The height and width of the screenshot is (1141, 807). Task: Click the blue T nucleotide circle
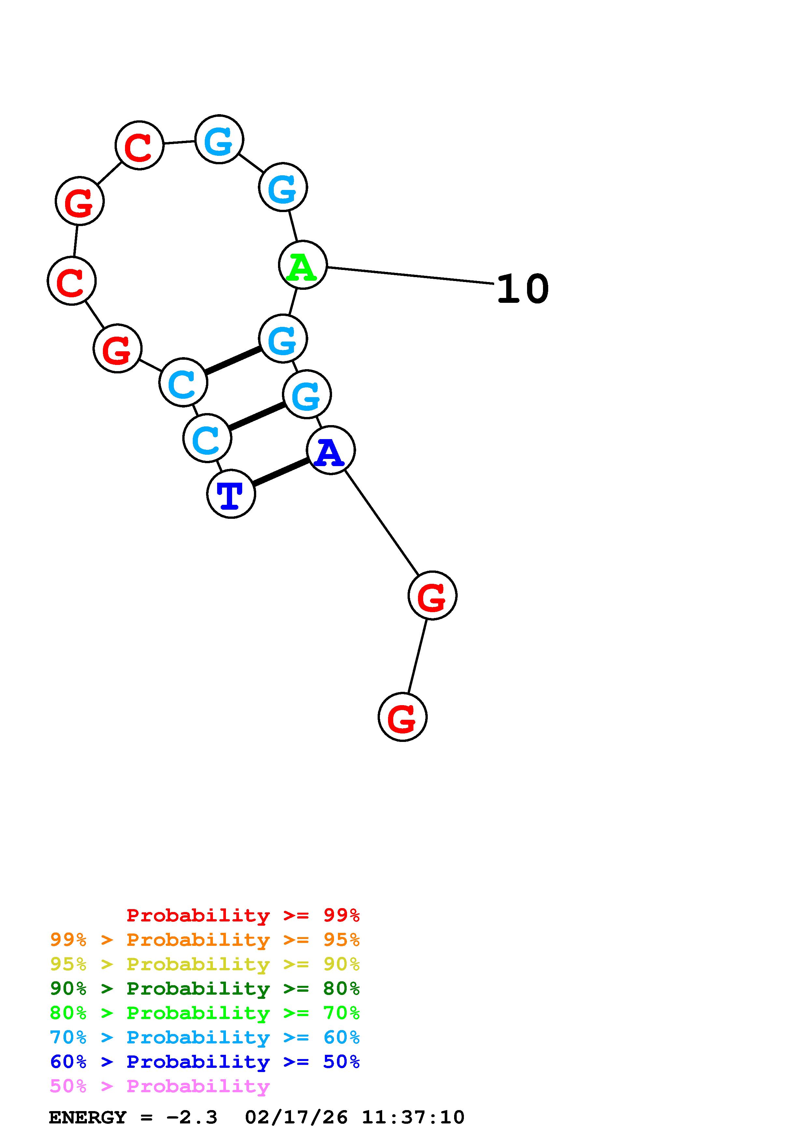231,494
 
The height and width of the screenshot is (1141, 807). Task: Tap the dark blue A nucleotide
331,450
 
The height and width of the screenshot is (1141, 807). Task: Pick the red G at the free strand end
402,717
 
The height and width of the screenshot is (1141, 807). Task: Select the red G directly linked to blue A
432,595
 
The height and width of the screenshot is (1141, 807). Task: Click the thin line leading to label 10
410,276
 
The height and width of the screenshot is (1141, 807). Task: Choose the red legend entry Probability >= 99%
243,915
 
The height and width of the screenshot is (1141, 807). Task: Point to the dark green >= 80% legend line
205,988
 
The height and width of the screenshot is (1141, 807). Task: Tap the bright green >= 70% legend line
205,1013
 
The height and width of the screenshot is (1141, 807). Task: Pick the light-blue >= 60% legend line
205,1037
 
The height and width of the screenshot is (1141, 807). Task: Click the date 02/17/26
296,1118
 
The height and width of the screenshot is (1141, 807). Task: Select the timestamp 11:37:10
413,1118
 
